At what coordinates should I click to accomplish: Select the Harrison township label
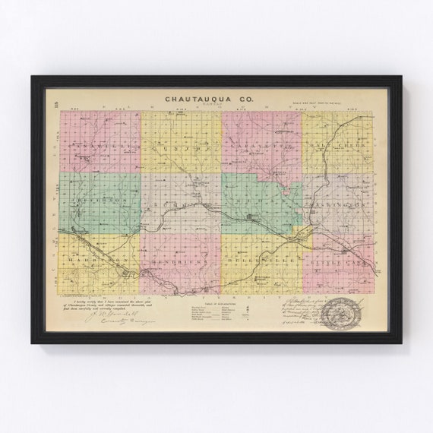point(89,258)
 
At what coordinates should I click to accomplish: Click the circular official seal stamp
point(342,311)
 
